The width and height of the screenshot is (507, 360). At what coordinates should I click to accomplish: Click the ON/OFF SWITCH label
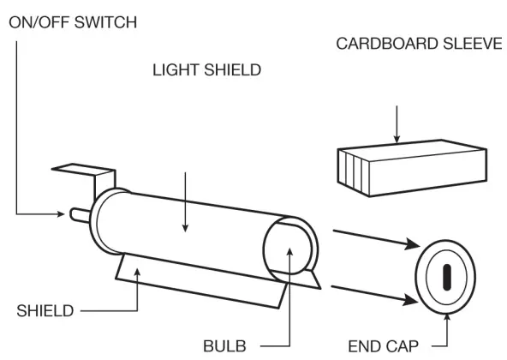[73, 22]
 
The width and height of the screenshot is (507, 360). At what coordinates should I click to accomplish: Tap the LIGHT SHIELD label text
[206, 70]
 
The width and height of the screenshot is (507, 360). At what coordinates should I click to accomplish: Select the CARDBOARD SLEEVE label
[419, 44]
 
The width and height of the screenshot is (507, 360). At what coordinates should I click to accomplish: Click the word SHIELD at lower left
[45, 311]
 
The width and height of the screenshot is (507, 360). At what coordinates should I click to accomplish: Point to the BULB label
[224, 346]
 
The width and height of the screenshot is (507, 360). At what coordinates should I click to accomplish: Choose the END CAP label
[383, 346]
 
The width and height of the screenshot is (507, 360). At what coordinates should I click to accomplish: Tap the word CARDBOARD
[387, 44]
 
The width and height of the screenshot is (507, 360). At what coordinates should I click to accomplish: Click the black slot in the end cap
[446, 277]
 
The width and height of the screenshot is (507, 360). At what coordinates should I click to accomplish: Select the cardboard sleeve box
[412, 168]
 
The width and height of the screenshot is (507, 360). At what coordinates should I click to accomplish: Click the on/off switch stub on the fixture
[80, 215]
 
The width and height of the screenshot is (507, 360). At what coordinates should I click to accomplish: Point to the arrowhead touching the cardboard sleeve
[397, 139]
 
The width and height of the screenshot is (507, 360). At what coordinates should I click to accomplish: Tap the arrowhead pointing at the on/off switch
[61, 214]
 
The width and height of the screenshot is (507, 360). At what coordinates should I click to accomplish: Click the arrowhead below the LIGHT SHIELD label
[185, 228]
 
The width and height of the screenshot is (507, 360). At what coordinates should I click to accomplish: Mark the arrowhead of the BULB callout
[290, 252]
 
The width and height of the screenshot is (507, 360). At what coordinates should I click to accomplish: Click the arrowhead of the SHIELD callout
[137, 273]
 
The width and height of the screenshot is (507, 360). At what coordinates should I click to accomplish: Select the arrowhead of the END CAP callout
[447, 317]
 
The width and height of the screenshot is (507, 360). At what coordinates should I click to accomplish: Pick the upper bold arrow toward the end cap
[376, 240]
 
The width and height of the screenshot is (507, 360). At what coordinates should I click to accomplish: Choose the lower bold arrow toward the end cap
[374, 295]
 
